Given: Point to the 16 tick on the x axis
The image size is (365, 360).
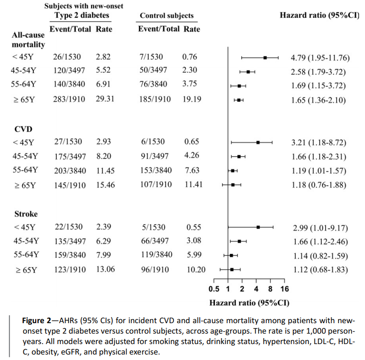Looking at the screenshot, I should [284, 289].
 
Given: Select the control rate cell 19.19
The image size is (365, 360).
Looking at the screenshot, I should [192, 99].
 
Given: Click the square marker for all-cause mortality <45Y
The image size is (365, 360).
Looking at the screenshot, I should [265, 58].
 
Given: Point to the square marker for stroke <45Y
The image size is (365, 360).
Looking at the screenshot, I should [258, 227].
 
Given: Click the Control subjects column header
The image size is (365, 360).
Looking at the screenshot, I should [167, 16].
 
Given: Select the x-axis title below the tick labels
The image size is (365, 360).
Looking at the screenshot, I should [249, 302].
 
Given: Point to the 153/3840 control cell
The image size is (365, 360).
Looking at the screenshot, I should [156, 171].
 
